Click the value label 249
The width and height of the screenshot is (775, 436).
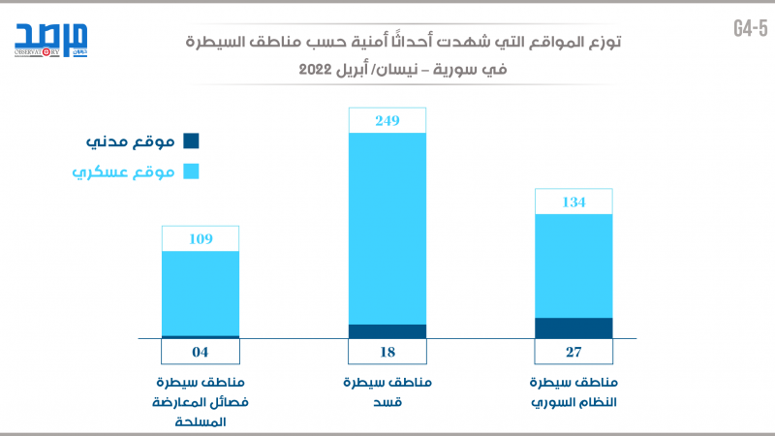pyautogui.click(x=387, y=120)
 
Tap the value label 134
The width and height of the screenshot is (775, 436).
pyautogui.click(x=573, y=202)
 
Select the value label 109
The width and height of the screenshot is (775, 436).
pyautogui.click(x=201, y=238)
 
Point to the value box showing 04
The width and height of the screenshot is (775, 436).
pyautogui.click(x=201, y=352)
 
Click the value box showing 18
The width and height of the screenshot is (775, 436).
pyautogui.click(x=387, y=352)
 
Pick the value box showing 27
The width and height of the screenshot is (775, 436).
pyautogui.click(x=573, y=352)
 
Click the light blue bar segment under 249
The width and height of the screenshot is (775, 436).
pyautogui.click(x=387, y=228)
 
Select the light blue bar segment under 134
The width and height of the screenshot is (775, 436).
pyautogui.click(x=573, y=265)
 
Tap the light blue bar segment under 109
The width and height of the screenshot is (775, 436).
pyautogui.click(x=201, y=293)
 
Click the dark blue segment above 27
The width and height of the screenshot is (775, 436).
pyautogui.click(x=573, y=328)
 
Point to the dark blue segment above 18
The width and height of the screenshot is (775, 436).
pyautogui.click(x=387, y=331)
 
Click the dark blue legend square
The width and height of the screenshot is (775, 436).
pyautogui.click(x=191, y=141)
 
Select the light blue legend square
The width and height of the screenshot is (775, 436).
pyautogui.click(x=191, y=171)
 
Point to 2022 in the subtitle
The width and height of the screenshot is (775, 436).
pyautogui.click(x=318, y=72)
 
